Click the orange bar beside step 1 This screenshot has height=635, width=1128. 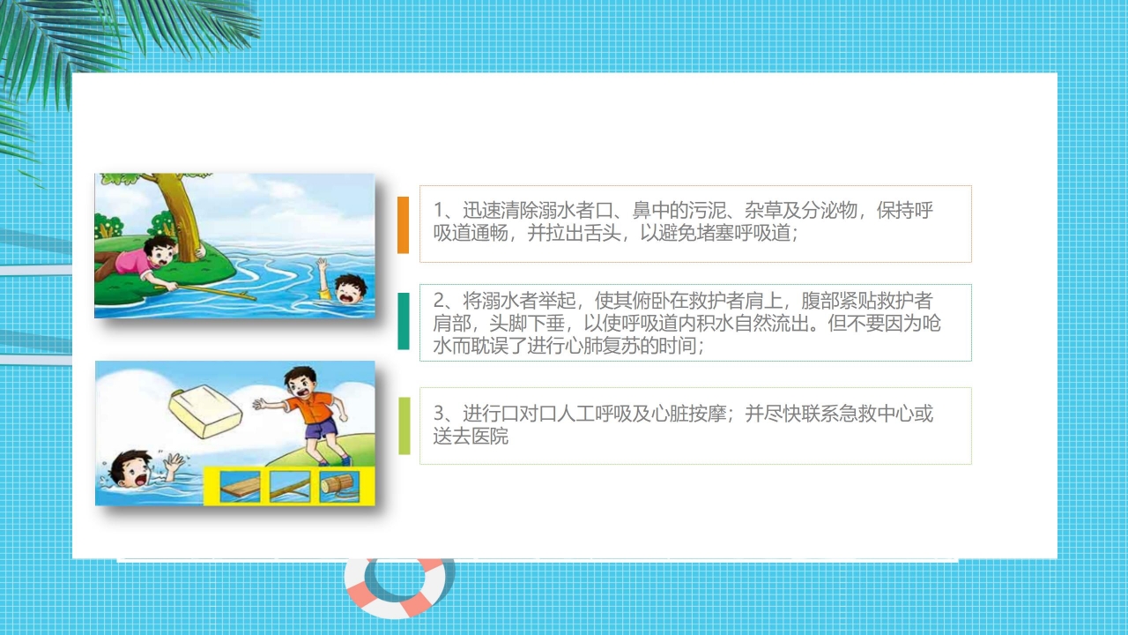coord(403,225)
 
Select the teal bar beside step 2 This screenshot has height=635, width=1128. coord(403,321)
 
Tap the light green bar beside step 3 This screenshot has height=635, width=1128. coord(404,426)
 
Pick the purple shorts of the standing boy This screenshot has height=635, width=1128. coord(322,430)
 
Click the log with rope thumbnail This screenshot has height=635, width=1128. coord(340,484)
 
